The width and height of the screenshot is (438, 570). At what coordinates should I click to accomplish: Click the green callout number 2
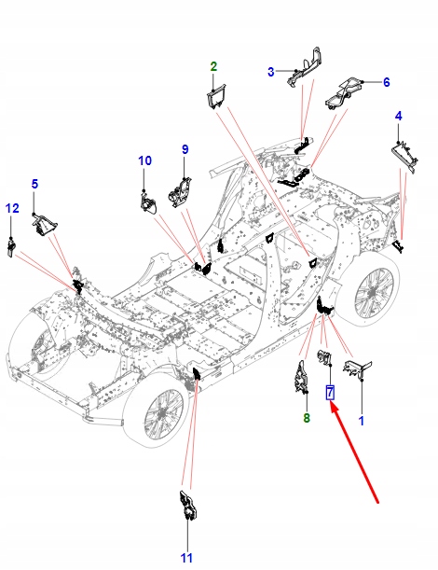[213, 66]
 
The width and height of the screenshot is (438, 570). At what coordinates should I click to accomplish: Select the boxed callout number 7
[330, 392]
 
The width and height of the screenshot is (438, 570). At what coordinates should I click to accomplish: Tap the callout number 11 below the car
[186, 558]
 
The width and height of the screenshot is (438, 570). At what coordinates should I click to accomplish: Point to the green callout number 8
[307, 418]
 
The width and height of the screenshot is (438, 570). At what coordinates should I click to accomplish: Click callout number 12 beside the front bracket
[12, 208]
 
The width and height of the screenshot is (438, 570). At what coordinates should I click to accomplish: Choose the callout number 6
[387, 82]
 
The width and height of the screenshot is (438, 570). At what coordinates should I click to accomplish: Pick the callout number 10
[144, 160]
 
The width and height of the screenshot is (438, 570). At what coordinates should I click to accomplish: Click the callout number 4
[399, 117]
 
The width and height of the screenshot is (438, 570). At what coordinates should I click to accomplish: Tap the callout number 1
[362, 421]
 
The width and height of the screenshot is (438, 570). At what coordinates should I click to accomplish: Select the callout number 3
[271, 72]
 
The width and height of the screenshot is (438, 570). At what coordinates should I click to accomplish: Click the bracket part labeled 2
[216, 96]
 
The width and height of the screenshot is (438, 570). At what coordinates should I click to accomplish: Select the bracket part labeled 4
[404, 157]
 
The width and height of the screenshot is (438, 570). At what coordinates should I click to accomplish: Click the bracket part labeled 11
[188, 506]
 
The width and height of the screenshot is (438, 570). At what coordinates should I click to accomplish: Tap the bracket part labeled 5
[44, 225]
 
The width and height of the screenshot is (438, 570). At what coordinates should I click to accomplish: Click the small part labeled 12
[11, 247]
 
